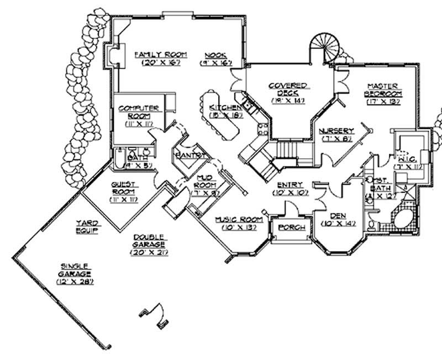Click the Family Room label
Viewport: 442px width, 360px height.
pyautogui.click(x=161, y=55)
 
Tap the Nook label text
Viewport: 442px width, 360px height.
pyautogui.click(x=214, y=55)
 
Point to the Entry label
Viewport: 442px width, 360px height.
pyautogui.click(x=288, y=185)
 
